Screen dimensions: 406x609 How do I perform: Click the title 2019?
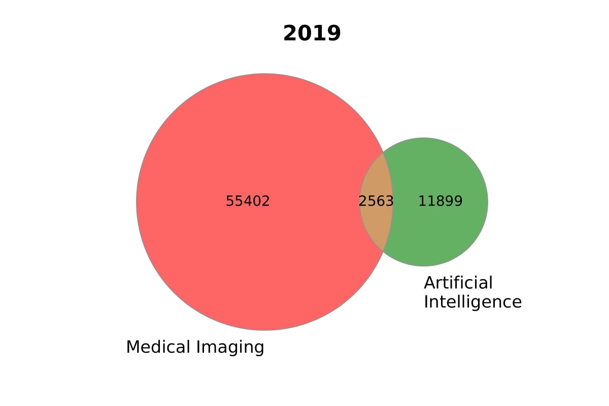point(312,33)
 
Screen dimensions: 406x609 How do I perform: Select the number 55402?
point(248,201)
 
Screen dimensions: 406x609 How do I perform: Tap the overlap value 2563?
point(376,201)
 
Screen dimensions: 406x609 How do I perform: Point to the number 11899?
point(440,201)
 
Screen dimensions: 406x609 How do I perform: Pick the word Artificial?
point(458,283)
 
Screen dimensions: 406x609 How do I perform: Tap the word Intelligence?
point(472,302)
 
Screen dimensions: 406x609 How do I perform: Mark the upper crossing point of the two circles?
point(384,151)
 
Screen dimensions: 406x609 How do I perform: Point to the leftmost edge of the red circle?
point(137,202)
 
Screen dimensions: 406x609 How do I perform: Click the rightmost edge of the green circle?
point(488,202)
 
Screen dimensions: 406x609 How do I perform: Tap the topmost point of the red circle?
point(265,74)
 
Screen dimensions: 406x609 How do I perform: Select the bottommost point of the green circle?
point(424,266)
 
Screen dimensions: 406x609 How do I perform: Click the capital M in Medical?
point(132,347)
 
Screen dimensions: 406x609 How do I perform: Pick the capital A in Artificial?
point(429,283)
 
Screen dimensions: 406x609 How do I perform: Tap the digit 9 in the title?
point(333,33)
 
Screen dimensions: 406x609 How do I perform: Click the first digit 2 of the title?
point(290,33)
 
